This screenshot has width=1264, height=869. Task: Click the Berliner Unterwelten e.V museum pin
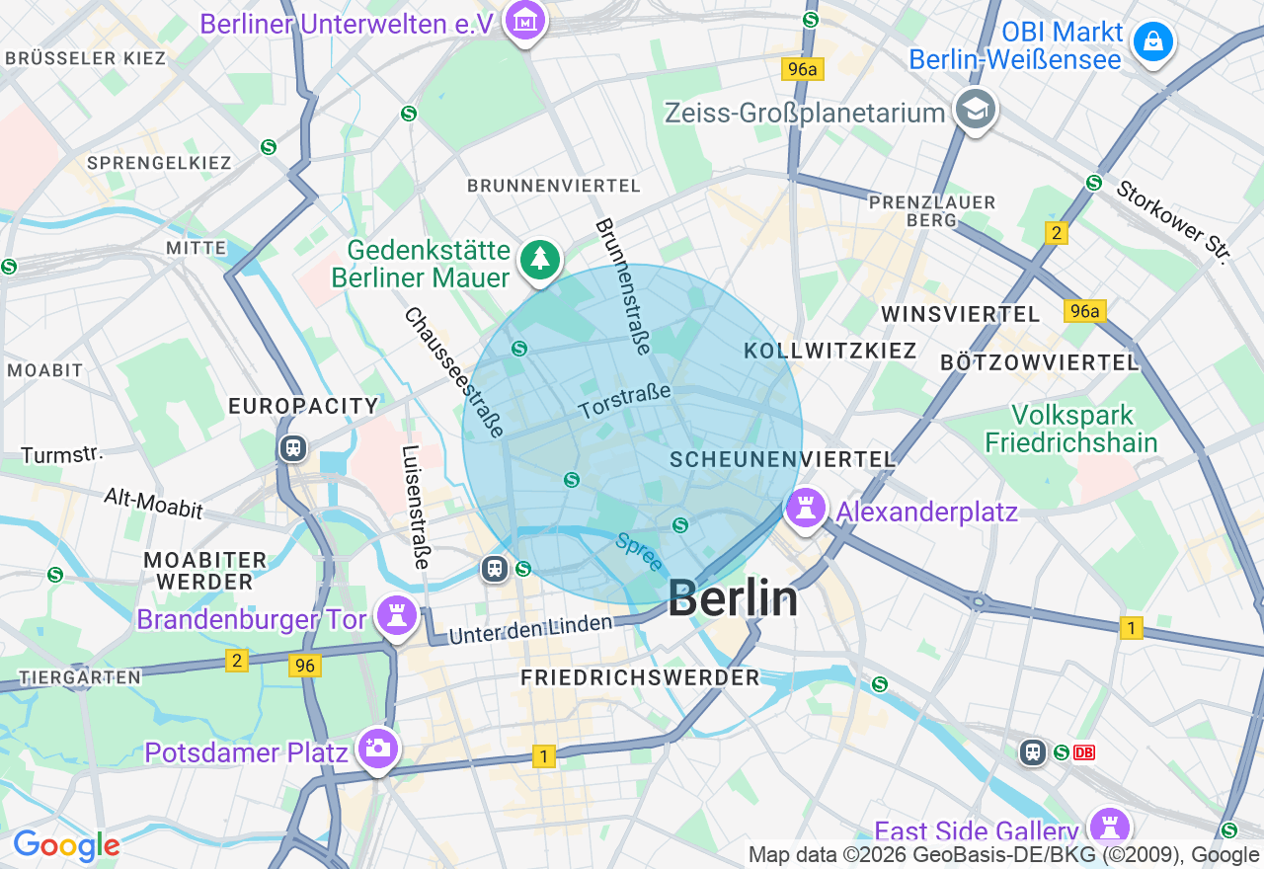[524, 20]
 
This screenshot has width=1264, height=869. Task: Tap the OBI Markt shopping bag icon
[1152, 42]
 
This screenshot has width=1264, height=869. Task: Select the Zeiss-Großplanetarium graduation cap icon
[976, 110]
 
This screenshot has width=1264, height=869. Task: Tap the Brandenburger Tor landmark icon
[397, 616]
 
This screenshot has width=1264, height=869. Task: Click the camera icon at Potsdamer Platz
[376, 750]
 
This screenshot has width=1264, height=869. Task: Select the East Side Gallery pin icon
[1109, 828]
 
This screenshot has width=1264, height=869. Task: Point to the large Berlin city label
[733, 598]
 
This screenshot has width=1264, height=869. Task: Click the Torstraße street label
[624, 401]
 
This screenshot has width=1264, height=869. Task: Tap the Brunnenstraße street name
[623, 286]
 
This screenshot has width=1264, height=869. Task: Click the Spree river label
[639, 552]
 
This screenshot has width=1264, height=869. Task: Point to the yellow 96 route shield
[305, 666]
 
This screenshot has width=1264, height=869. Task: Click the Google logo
[66, 846]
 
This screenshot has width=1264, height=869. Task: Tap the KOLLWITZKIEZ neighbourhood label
[830, 351]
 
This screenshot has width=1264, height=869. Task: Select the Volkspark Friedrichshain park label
[1070, 428]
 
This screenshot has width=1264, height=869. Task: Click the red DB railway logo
[1084, 752]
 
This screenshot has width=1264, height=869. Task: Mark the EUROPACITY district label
[303, 406]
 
